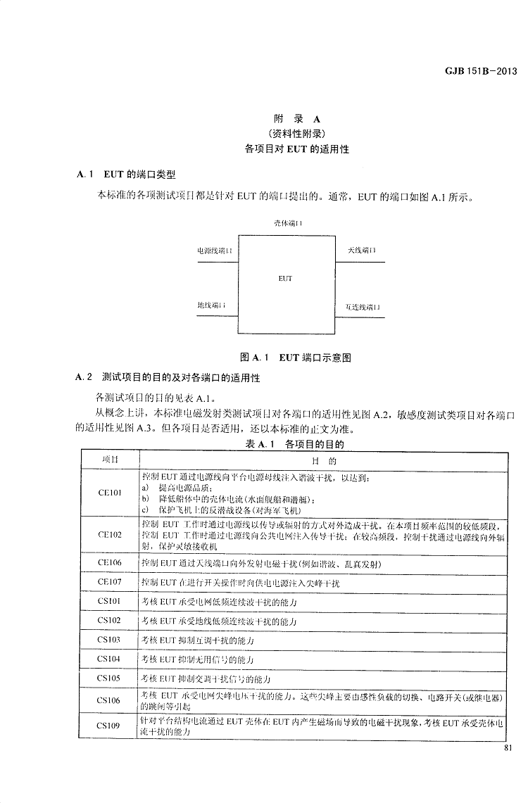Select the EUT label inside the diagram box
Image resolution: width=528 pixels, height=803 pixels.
click(285, 279)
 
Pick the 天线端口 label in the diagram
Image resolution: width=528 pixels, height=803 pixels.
click(361, 251)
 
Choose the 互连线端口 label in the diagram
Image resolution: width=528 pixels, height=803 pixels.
click(363, 307)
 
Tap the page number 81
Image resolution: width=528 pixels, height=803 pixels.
click(510, 749)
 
